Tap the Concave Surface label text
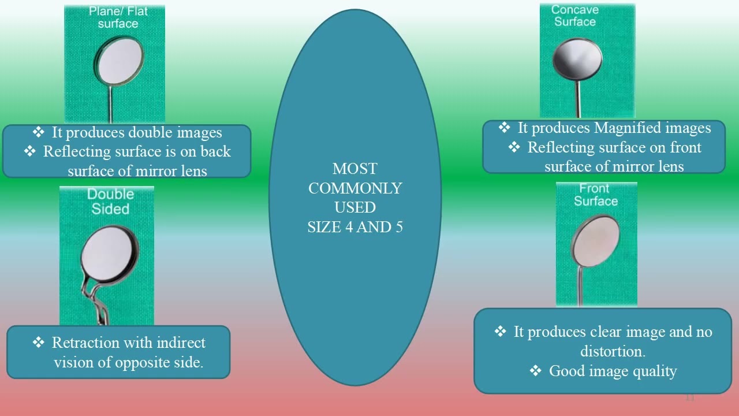(574, 16)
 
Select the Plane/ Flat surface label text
(118, 17)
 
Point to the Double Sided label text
(110, 201)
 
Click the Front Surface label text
(595, 195)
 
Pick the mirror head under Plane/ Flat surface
(121, 61)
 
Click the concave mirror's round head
(577, 59)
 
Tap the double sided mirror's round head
(110, 254)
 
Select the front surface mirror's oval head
(595, 241)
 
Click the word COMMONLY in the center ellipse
(354, 188)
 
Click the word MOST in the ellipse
(354, 169)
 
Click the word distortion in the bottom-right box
(612, 351)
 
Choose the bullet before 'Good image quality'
(535, 371)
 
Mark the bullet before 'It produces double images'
(38, 133)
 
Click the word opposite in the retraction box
(141, 363)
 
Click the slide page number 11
(690, 398)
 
